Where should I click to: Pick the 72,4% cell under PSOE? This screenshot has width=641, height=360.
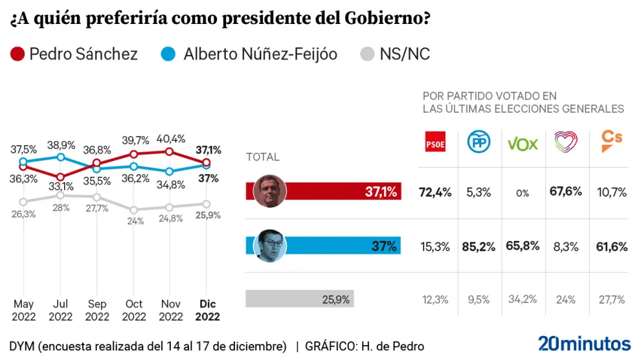pyautogui.click(x=436, y=192)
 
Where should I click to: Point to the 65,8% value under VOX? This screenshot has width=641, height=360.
pyautogui.click(x=523, y=246)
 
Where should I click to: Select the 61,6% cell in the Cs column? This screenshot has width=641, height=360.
pyautogui.click(x=611, y=246)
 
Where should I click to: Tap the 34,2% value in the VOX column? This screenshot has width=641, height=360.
pyautogui.click(x=523, y=299)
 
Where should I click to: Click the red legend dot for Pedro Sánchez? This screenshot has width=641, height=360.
pyautogui.click(x=18, y=54)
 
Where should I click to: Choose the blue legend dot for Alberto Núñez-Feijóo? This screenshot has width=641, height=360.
pyautogui.click(x=168, y=54)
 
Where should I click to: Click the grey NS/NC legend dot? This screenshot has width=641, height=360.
pyautogui.click(x=367, y=54)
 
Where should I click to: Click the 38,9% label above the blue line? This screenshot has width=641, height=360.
pyautogui.click(x=61, y=144)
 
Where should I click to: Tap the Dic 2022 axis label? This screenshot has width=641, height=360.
pyautogui.click(x=207, y=311)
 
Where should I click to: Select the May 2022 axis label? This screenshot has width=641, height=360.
pyautogui.click(x=23, y=311)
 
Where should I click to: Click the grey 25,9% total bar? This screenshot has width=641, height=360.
pyautogui.click(x=300, y=299)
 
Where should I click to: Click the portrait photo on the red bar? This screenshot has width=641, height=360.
pyautogui.click(x=270, y=191)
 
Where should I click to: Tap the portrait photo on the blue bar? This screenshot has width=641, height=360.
pyautogui.click(x=270, y=245)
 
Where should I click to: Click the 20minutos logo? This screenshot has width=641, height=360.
pyautogui.click(x=584, y=343)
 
